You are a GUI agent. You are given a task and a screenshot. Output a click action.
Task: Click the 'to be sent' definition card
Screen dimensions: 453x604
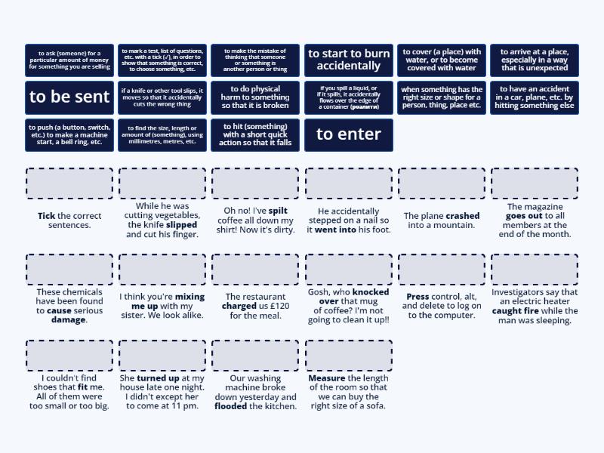coord(69,97)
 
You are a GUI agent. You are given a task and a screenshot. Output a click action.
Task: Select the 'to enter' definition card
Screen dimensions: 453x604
coord(349,134)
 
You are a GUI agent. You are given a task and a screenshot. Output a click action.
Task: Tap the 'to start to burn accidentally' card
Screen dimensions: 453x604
coord(349,60)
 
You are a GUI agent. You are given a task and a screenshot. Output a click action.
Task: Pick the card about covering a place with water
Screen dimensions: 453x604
coord(442,60)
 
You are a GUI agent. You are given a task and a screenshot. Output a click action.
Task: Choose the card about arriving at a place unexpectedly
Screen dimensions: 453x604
coord(535,60)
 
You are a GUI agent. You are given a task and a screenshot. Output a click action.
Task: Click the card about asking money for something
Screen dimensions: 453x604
coord(69,60)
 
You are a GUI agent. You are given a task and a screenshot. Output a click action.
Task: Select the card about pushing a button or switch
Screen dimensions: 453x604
coord(69,134)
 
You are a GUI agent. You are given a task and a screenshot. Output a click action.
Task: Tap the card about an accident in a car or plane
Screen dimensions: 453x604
coord(535,97)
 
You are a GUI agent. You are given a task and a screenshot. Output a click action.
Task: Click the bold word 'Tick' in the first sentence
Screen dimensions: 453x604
coord(47,216)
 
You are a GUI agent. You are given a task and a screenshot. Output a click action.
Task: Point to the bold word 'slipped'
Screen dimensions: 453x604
coord(182,225)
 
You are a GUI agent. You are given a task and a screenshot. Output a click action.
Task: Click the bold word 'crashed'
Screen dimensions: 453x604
coord(463,216)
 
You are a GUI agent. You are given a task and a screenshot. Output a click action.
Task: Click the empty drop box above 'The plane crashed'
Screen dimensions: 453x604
coord(442,183)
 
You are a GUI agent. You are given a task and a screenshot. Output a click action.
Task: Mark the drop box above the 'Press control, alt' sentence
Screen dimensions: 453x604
coord(442,270)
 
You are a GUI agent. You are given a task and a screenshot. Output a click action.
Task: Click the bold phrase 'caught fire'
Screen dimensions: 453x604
coord(516,311)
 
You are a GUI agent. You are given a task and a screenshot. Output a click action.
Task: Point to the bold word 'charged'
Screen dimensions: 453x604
coord(239,307)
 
